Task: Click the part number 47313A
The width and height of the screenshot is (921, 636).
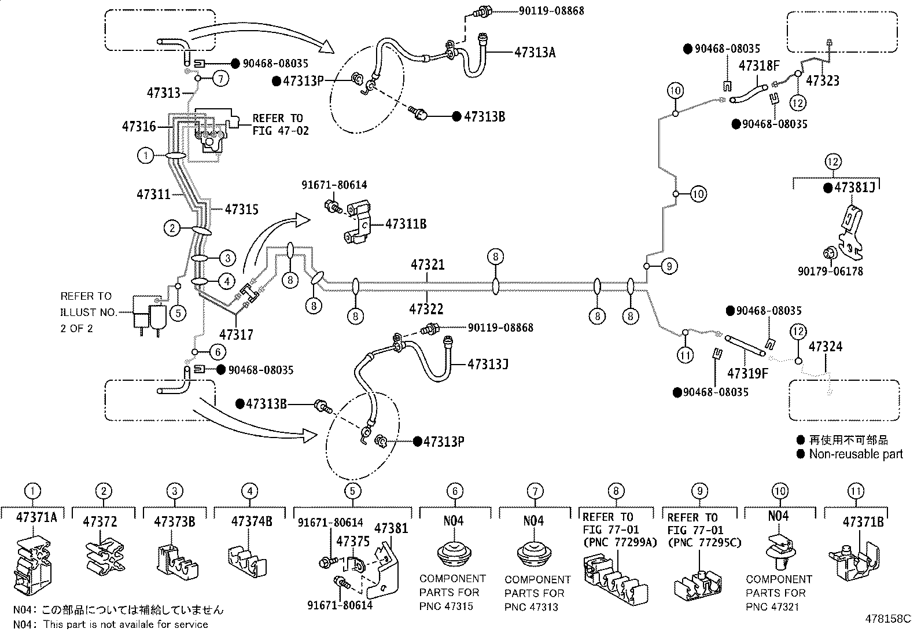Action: click(x=535, y=53)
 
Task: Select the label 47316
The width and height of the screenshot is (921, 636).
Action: click(x=139, y=126)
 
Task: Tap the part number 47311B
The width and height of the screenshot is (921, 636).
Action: click(x=406, y=224)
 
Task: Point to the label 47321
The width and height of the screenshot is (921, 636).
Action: click(x=428, y=264)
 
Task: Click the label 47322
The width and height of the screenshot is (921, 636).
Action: click(x=426, y=308)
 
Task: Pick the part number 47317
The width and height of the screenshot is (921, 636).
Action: click(x=236, y=334)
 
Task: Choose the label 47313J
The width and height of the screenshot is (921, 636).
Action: click(x=488, y=364)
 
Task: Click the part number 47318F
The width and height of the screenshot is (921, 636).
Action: click(x=759, y=65)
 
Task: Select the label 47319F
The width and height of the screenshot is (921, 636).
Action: click(x=747, y=373)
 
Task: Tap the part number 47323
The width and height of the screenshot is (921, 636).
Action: click(x=822, y=80)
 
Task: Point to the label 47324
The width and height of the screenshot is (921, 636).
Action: click(x=826, y=347)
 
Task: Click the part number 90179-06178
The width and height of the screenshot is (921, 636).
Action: click(x=830, y=271)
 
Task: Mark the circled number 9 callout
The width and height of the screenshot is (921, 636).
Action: click(x=669, y=266)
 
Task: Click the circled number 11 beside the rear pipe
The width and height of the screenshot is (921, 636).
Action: click(x=685, y=355)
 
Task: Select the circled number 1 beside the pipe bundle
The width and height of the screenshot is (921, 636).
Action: click(x=145, y=156)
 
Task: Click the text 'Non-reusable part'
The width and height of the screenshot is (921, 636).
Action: click(x=856, y=454)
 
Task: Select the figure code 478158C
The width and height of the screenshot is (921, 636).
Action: click(x=887, y=619)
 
